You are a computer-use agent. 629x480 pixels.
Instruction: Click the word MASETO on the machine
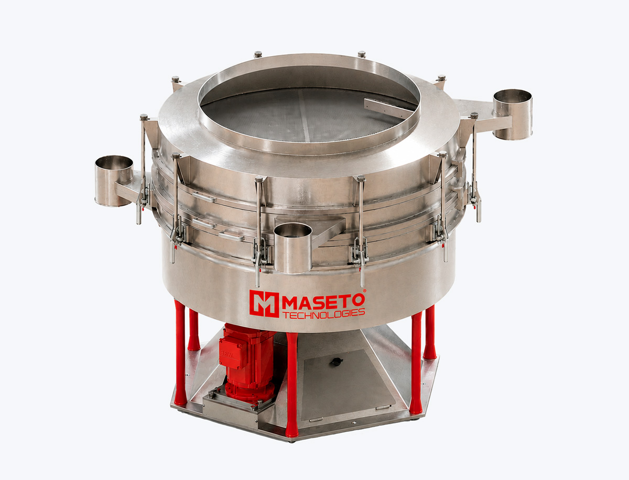[x=323, y=301]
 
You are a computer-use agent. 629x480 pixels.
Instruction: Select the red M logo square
[x=264, y=304]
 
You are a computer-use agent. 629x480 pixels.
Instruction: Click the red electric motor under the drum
[x=246, y=362]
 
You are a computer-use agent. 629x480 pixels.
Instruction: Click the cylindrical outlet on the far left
[x=113, y=181]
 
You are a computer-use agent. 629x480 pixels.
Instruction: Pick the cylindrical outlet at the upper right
[x=512, y=115]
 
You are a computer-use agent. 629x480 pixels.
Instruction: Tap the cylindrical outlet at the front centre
[x=293, y=248]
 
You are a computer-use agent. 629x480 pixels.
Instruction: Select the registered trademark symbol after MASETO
[x=364, y=291]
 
